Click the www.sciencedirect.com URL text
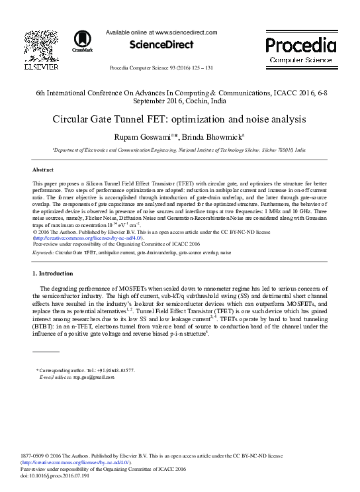186,32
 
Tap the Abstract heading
42,170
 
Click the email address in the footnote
86,377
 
